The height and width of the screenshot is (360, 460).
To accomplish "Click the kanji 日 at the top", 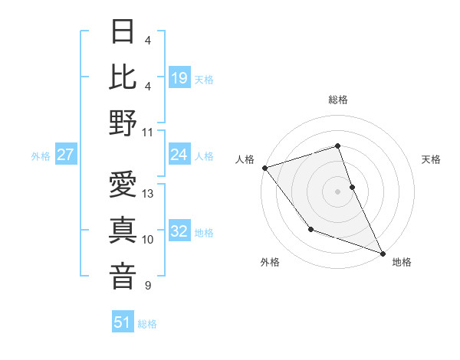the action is pyautogui.click(x=123, y=32).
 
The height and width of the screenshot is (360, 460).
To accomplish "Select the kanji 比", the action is pyautogui.click(x=123, y=77).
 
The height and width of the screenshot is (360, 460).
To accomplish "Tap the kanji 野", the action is pyautogui.click(x=123, y=123).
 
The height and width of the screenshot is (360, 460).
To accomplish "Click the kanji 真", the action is pyautogui.click(x=123, y=231).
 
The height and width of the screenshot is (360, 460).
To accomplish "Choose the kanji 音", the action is pyautogui.click(x=123, y=277).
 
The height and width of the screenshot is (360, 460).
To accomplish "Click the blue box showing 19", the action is pyautogui.click(x=179, y=77).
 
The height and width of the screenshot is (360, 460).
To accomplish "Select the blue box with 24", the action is pyautogui.click(x=179, y=155).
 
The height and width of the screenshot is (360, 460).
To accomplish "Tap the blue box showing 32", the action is pyautogui.click(x=179, y=232).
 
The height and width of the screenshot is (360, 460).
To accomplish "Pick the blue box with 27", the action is pyautogui.click(x=65, y=155).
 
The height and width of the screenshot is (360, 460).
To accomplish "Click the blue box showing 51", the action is pyautogui.click(x=123, y=323).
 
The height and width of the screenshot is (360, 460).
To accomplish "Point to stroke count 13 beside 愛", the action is pyautogui.click(x=149, y=194).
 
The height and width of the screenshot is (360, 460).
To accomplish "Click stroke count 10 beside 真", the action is pyautogui.click(x=149, y=240).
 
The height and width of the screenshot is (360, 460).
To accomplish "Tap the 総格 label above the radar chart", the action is pyautogui.click(x=338, y=100).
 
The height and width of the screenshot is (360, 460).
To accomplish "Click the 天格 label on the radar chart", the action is pyautogui.click(x=431, y=159).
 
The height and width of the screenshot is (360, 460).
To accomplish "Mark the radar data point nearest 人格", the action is pyautogui.click(x=264, y=167).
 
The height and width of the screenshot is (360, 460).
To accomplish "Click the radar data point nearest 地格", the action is pyautogui.click(x=383, y=253).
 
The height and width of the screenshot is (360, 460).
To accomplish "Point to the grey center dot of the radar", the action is pyautogui.click(x=338, y=191).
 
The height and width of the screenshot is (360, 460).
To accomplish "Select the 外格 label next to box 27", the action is pyautogui.click(x=41, y=156).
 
